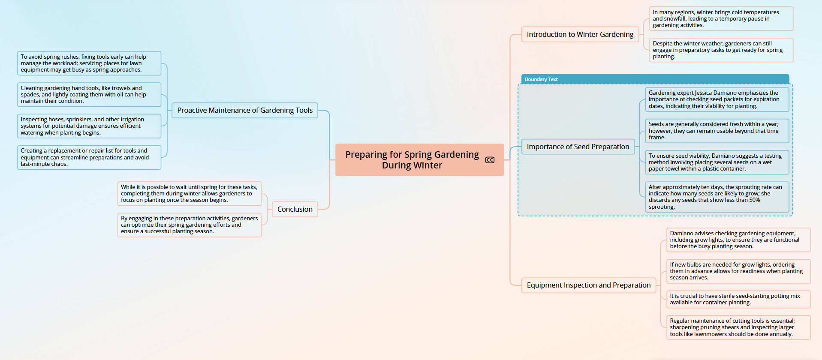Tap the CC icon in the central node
click(490, 160)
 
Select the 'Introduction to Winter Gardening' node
click(580, 34)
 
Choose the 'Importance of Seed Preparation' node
click(578, 147)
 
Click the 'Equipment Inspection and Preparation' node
click(589, 285)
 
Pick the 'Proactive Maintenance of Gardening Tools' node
click(245, 110)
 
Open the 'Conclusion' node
click(295, 209)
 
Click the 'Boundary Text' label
click(541, 79)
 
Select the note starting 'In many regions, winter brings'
click(721, 19)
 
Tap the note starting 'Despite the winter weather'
click(721, 50)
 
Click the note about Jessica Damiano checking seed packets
click(717, 99)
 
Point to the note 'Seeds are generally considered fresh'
click(717, 131)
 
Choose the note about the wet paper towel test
click(717, 162)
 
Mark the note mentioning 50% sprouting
click(717, 197)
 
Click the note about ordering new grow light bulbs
click(738, 271)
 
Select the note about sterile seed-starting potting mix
click(738, 299)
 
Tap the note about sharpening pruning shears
click(738, 327)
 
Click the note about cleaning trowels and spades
click(89, 95)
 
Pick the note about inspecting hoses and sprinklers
click(89, 126)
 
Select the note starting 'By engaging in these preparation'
click(190, 225)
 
